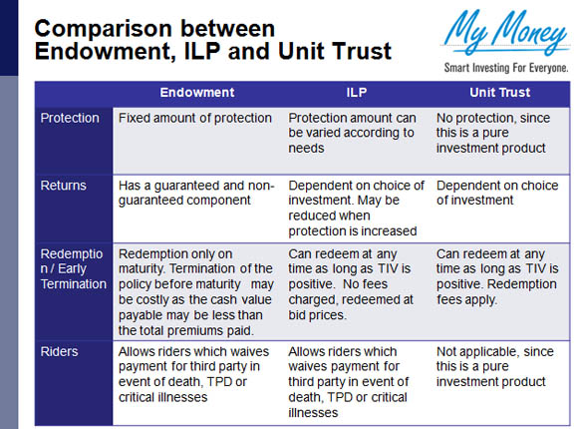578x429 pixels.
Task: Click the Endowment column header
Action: click(x=197, y=93)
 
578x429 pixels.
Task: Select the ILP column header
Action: click(x=357, y=93)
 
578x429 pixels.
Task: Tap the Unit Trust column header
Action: click(x=500, y=93)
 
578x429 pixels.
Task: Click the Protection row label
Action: click(x=70, y=118)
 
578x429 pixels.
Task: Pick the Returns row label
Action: click(x=64, y=186)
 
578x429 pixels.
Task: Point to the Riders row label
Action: click(x=59, y=352)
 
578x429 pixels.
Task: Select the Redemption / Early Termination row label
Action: click(x=74, y=269)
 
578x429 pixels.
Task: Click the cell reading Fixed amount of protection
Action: click(x=195, y=118)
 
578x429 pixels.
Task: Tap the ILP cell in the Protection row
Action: click(x=352, y=133)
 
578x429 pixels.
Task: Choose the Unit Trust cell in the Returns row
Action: click(x=497, y=193)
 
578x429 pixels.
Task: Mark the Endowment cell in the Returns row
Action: click(x=196, y=193)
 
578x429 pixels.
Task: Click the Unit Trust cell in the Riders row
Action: click(x=495, y=366)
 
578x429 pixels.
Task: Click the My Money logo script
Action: click(x=506, y=33)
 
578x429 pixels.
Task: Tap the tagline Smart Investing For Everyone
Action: click(x=506, y=68)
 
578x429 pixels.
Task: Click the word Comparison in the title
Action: click(x=104, y=30)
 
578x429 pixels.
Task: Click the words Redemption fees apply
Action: click(x=496, y=292)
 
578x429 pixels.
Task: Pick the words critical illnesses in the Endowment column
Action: click(x=162, y=398)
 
